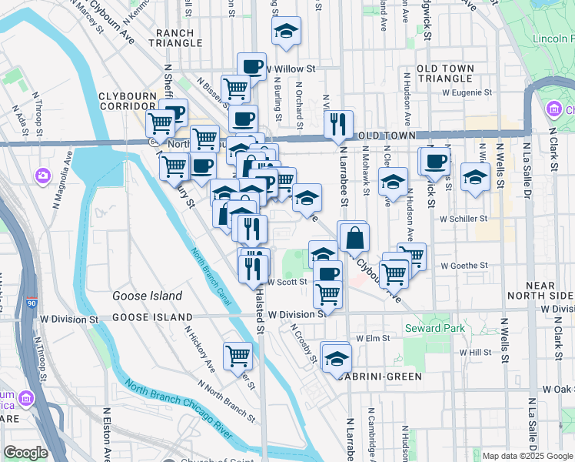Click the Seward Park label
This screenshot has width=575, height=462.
tap(434, 329)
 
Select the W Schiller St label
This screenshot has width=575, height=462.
tap(464, 218)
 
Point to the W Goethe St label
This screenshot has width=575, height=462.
tap(464, 266)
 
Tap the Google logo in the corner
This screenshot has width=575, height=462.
tap(25, 453)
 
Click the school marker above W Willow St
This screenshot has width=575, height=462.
tap(286, 32)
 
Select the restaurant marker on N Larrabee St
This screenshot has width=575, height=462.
tap(338, 124)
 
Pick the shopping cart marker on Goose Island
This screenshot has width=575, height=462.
tap(238, 355)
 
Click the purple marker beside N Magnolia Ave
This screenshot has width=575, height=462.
tap(42, 176)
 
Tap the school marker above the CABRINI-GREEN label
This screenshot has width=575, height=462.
tap(336, 357)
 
